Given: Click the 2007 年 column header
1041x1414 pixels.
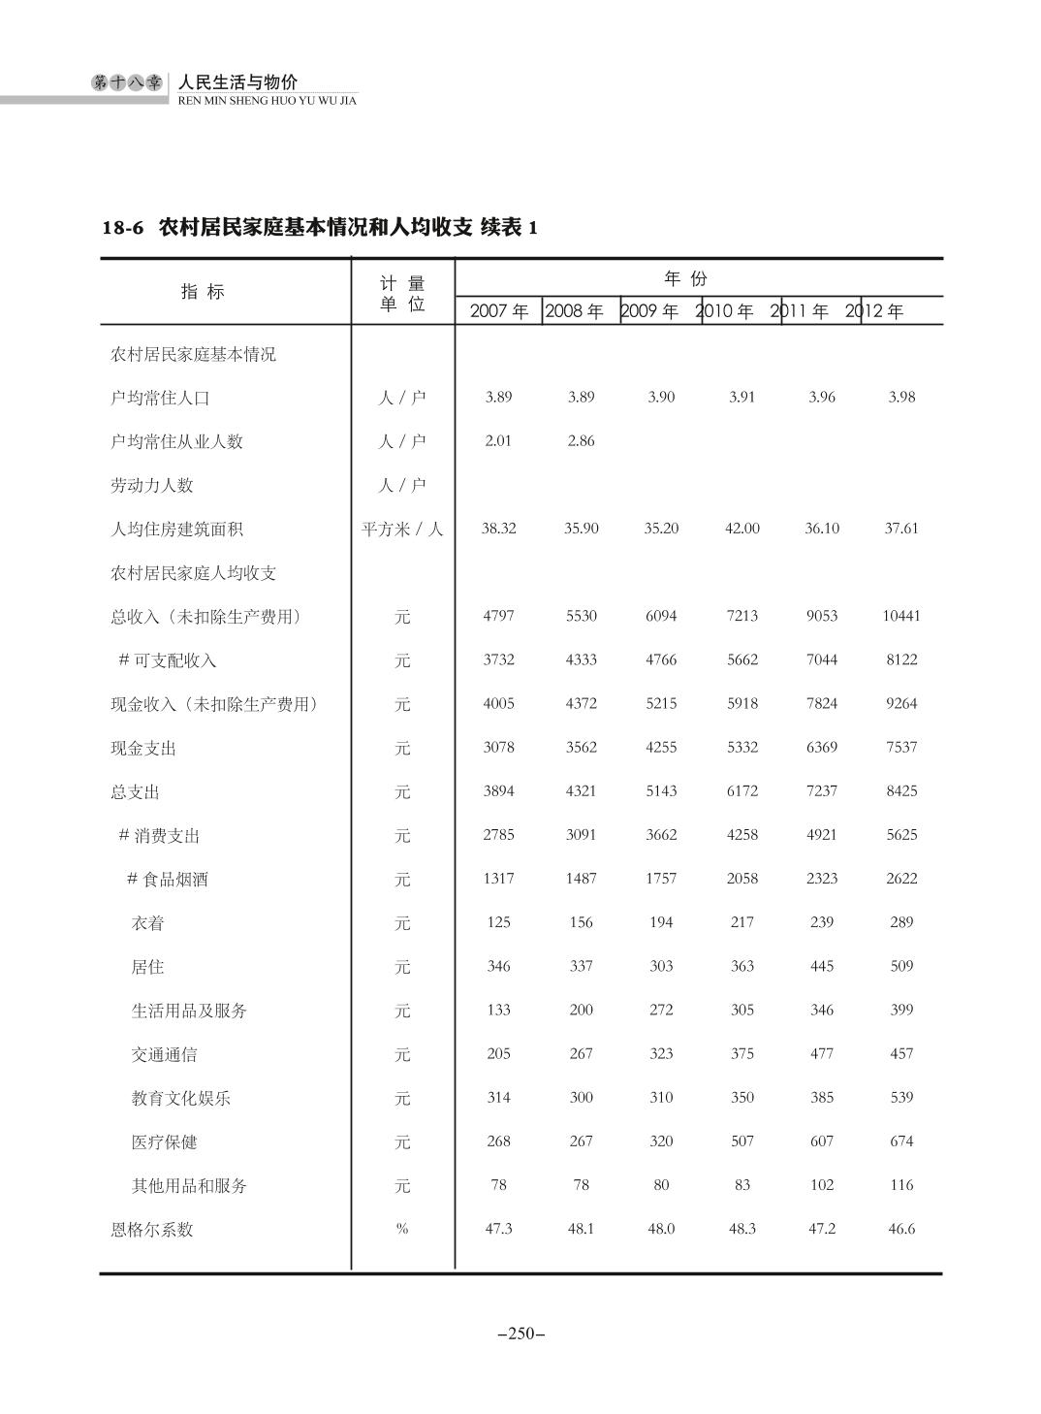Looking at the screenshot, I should tap(499, 311).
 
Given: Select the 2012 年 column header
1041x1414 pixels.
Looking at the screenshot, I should tap(874, 311).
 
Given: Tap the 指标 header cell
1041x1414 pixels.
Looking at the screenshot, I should tap(203, 291).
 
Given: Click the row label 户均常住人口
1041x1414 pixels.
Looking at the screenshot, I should tap(160, 398).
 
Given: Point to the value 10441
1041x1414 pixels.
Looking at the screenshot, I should tap(901, 616).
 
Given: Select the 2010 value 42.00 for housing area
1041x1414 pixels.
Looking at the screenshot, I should tap(742, 529).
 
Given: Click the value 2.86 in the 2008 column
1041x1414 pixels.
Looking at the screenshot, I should tap(582, 441).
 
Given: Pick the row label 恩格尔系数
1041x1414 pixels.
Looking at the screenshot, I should tap(152, 1230).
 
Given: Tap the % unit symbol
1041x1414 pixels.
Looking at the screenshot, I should tap(402, 1229).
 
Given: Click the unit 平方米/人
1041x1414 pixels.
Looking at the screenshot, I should tap(402, 529).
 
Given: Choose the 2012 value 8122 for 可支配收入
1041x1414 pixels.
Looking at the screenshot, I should tap(901, 659).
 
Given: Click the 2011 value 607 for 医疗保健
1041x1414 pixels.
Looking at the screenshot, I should tap(822, 1141).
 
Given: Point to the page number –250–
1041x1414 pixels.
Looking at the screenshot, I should tap(520, 1334).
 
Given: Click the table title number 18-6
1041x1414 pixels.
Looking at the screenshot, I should tap(123, 228).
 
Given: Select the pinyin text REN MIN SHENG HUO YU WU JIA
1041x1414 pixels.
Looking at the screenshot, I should tap(268, 101).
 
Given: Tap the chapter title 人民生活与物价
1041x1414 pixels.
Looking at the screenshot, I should tap(239, 82).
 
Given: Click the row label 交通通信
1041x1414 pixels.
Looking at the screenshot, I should tap(164, 1054).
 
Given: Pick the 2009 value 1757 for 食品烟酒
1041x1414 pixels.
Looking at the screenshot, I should tap(661, 879).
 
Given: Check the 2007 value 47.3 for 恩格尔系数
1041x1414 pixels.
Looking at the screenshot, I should tap(499, 1229).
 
